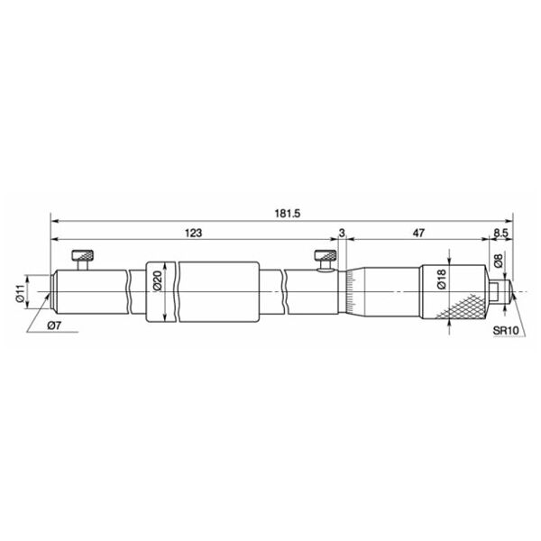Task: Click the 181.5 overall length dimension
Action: click(288, 214)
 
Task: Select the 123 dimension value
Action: click(193, 234)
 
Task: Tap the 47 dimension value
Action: click(418, 234)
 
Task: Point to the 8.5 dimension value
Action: click(500, 234)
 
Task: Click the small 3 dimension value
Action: click(342, 234)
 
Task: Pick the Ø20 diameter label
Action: click(157, 280)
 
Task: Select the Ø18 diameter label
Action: click(441, 279)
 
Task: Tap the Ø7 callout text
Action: click(54, 326)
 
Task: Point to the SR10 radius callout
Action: click(506, 331)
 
